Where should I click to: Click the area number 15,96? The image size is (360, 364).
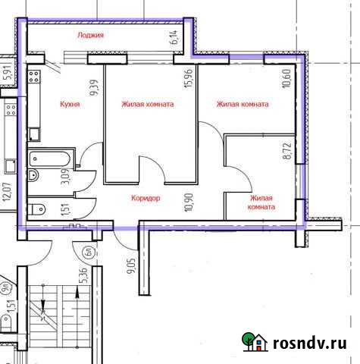point(189,78)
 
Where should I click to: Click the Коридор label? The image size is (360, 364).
point(146,198)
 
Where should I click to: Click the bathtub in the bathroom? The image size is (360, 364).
point(51,161)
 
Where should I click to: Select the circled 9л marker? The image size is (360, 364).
point(5,288)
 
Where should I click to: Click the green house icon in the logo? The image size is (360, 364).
point(255,342)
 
